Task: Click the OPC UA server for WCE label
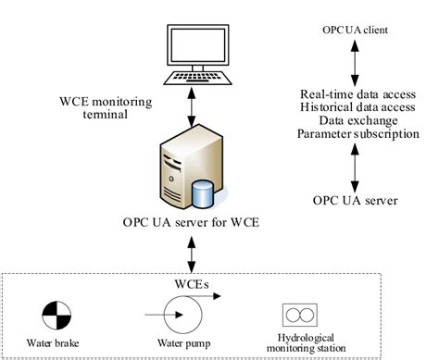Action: [190, 223]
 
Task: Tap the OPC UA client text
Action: [356, 30]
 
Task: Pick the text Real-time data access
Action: [357, 94]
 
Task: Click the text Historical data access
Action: [357, 107]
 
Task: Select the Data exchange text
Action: [357, 120]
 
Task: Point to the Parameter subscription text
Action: [357, 134]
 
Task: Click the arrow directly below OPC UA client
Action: [356, 61]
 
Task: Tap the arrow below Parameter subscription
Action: [356, 166]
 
